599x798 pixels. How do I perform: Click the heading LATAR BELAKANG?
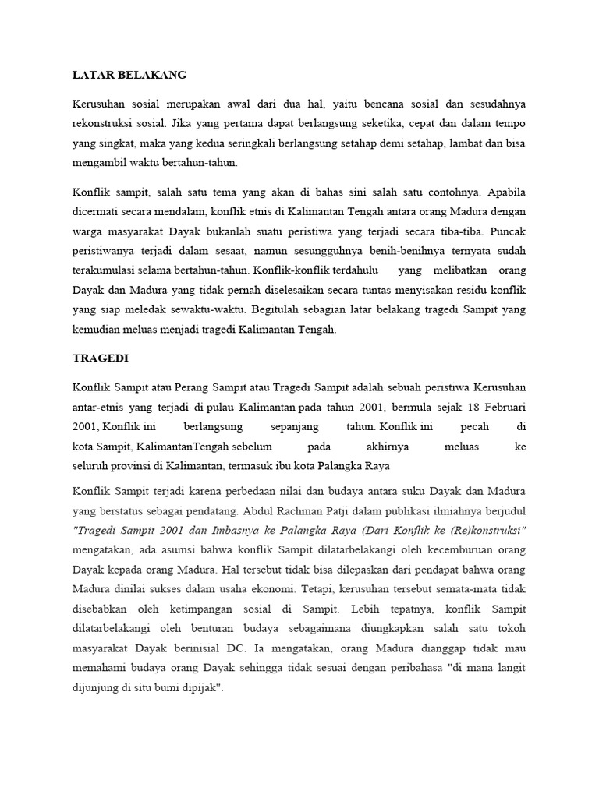click(129, 76)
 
